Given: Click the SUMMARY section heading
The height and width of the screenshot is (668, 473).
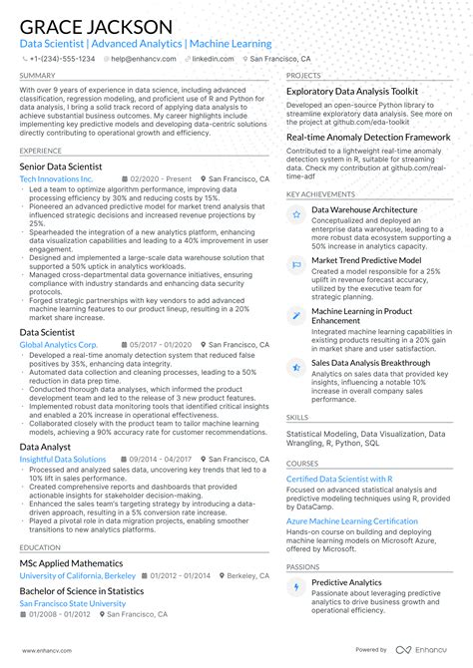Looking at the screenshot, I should click(x=37, y=76).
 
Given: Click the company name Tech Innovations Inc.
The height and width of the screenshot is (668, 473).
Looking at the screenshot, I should click(x=56, y=179).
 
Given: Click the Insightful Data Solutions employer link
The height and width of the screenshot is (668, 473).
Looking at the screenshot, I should click(x=63, y=460).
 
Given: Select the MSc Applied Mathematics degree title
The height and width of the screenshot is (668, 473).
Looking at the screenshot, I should click(x=72, y=562).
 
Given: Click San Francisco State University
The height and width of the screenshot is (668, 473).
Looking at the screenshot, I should click(x=73, y=603).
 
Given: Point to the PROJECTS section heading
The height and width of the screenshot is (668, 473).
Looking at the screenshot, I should click(x=303, y=76).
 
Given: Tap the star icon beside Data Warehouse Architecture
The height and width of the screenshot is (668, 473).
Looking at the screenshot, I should click(x=296, y=213).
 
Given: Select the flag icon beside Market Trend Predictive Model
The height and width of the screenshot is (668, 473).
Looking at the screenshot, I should click(x=296, y=262).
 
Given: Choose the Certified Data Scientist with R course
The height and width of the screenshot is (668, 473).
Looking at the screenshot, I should click(x=339, y=479).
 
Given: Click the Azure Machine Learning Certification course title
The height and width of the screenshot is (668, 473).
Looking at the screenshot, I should click(x=351, y=521).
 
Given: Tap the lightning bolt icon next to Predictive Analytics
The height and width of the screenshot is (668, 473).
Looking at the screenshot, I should click(x=296, y=586).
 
